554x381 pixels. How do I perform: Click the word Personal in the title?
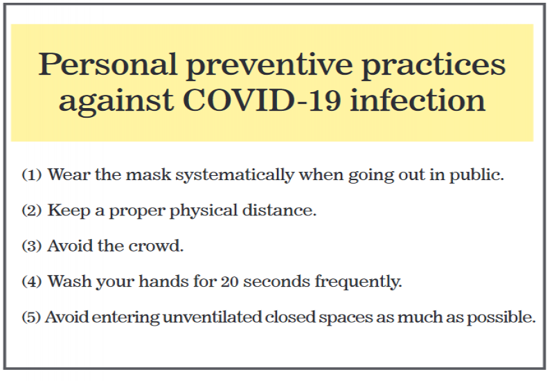click(107, 64)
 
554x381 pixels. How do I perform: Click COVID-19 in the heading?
click(262, 100)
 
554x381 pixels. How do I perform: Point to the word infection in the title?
click(418, 99)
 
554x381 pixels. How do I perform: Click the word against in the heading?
click(116, 102)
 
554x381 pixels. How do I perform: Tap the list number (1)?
click(32, 175)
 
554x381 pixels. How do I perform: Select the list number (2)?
click(32, 211)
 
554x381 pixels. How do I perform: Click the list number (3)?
click(32, 246)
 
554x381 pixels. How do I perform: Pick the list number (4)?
click(32, 282)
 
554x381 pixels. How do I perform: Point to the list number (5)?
click(31, 317)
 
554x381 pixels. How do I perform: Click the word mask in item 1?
click(148, 175)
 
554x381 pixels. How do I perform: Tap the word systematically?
click(235, 175)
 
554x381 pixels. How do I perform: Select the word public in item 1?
click(476, 175)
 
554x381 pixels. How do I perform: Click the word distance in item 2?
click(280, 211)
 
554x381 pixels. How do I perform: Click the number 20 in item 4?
click(230, 282)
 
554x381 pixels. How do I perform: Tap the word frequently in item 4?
click(358, 282)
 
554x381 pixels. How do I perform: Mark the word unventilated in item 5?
click(212, 317)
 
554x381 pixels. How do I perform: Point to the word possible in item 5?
click(501, 318)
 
